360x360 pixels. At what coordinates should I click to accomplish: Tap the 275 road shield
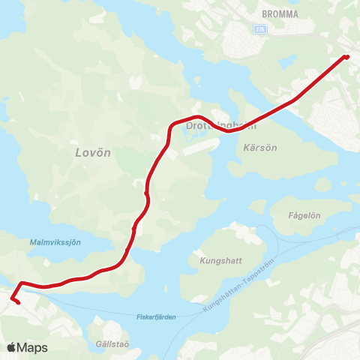[260, 28]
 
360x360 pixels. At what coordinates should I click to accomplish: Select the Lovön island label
[93, 152]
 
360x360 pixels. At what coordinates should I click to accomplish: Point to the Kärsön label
[260, 148]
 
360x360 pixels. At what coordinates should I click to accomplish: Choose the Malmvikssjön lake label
[55, 242]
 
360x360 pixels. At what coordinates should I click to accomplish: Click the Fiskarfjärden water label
[156, 317]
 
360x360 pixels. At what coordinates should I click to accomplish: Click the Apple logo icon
[11, 347]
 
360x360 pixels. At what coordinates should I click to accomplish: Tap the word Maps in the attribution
[32, 347]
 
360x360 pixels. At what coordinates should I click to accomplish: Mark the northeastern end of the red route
[346, 56]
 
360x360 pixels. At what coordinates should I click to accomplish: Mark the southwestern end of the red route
[17, 303]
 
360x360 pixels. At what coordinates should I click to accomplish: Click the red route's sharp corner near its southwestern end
[21, 283]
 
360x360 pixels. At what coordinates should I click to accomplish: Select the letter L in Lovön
[79, 152]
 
